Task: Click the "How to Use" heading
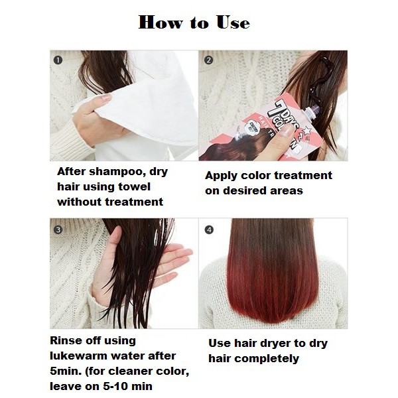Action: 194,22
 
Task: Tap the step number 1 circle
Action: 58,60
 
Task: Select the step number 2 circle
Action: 209,60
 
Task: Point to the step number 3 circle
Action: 58,230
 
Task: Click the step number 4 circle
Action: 209,230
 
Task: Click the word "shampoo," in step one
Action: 117,172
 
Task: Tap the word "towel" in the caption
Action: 134,187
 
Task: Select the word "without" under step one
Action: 80,202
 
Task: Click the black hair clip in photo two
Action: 320,76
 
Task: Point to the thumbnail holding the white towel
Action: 106,98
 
